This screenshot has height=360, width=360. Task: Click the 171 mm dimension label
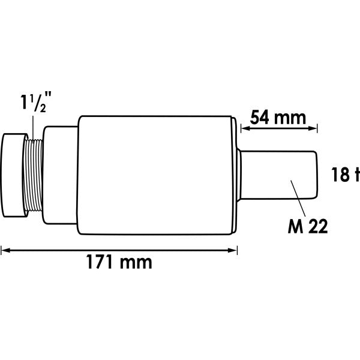119,262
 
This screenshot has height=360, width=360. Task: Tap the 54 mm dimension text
278,118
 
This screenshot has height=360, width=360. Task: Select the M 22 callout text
308,226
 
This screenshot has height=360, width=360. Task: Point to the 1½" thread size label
36,102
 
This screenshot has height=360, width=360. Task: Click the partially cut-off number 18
340,175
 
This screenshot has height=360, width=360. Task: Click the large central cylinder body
155,175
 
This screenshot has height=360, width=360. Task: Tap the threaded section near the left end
33,175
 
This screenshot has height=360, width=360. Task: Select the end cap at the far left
14,175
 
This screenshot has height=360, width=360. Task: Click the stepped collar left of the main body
60,175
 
